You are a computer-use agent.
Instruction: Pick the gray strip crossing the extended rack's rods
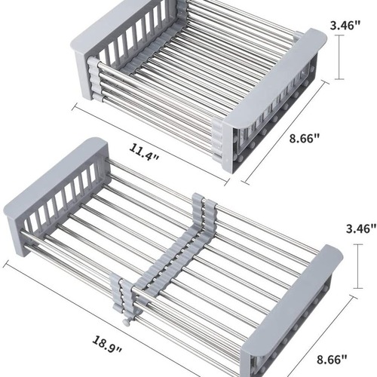point(162,256)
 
